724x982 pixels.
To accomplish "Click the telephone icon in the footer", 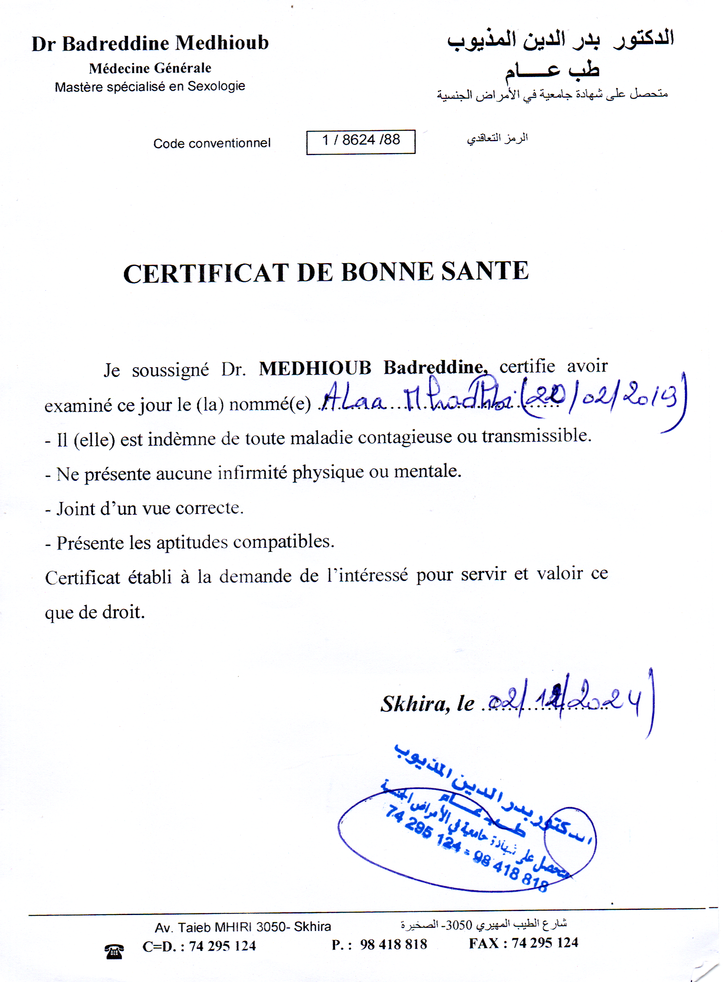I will tap(114, 952).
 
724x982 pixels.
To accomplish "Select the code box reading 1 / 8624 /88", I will tap(361, 142).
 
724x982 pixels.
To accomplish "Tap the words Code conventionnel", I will tap(212, 143).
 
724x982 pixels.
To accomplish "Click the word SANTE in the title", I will tap(485, 271).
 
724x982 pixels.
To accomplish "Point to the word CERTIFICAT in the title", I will tap(206, 274).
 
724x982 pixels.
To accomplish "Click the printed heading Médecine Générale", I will tap(150, 68).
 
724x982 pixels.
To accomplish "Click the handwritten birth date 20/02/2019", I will tap(605, 396).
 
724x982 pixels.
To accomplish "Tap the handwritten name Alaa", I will tap(354, 399).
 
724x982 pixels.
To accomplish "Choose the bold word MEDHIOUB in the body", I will tap(315, 368).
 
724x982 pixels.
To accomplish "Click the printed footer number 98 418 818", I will tap(393, 945).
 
